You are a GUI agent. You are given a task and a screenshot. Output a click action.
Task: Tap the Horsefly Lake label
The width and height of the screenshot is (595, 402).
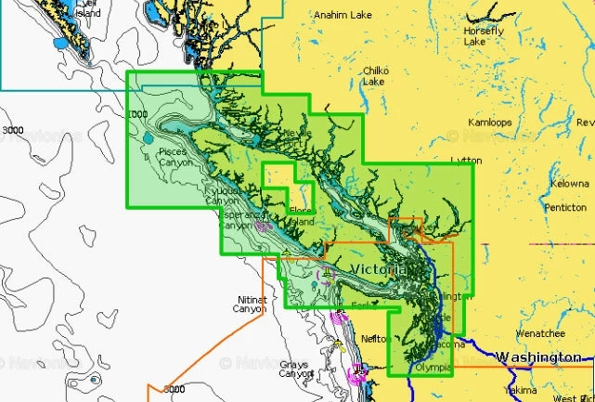tap(484, 36)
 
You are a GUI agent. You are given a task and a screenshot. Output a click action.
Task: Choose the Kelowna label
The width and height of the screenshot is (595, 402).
tap(569, 184)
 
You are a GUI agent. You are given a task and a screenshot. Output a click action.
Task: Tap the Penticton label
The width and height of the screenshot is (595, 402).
tap(565, 207)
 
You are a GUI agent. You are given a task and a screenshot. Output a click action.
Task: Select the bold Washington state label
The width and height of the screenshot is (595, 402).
tap(538, 357)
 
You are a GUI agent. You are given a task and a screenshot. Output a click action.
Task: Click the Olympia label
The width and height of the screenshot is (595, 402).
tap(432, 368)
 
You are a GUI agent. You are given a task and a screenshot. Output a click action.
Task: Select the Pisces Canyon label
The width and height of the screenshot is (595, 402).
tap(175, 156)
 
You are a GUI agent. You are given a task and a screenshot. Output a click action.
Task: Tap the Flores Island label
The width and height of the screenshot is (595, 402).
tap(304, 216)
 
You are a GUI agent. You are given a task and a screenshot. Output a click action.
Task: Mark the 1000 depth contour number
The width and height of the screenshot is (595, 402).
tap(137, 114)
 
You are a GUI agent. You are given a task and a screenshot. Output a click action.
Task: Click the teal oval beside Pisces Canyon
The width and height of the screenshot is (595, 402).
tap(149, 139)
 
